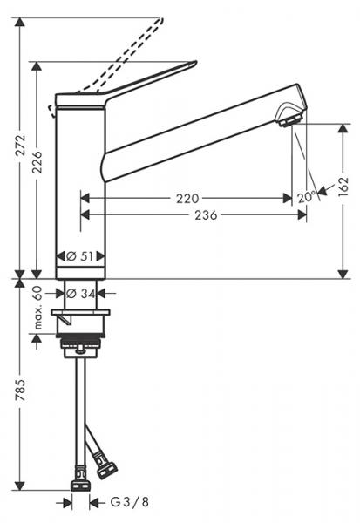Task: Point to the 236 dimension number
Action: coord(206,215)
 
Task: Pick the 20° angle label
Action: coord(306,198)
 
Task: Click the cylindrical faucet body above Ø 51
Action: coord(80,183)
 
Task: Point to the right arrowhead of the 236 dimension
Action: coord(302,215)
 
